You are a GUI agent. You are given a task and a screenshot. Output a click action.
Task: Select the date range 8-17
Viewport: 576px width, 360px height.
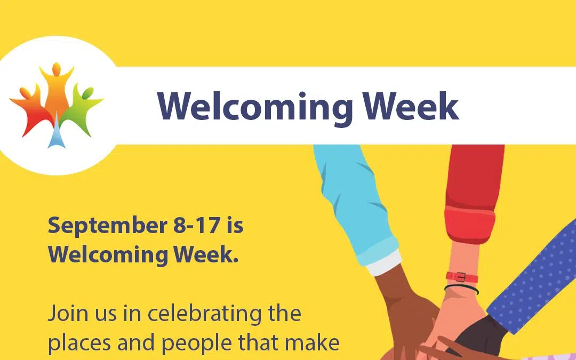click(196, 225)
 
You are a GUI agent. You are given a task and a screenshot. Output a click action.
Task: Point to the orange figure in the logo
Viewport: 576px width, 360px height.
click(56, 85)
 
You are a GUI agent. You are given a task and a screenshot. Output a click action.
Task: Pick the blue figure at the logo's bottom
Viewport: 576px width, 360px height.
click(56, 136)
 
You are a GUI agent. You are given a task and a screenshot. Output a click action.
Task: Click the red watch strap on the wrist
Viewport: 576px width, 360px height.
click(462, 277)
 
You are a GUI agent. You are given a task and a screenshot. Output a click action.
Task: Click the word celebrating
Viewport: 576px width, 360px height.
click(225, 314)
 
